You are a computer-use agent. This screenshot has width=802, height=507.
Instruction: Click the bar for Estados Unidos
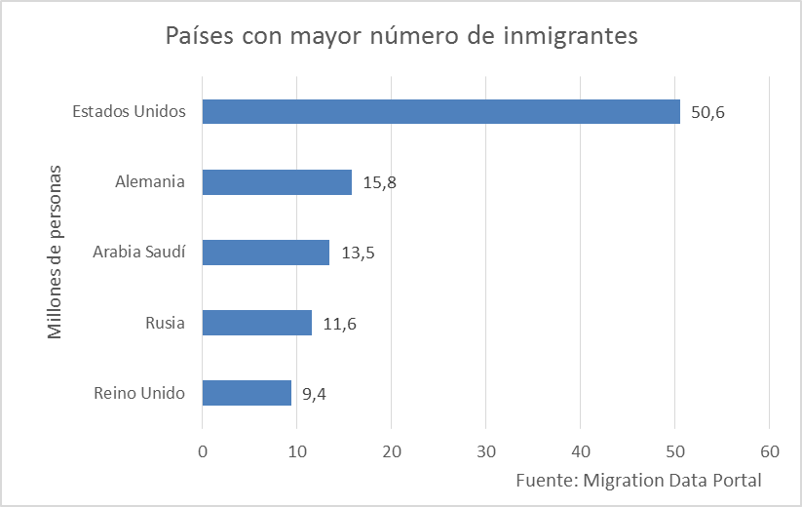coord(440,112)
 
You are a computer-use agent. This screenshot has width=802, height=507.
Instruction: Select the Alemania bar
coord(277,182)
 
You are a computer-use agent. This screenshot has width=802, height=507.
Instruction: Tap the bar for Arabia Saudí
coord(265,253)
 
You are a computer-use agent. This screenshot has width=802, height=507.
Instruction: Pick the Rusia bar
coord(256,323)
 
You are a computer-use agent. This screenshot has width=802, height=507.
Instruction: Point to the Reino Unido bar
coord(247,393)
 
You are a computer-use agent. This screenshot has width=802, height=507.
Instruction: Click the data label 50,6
coord(708,113)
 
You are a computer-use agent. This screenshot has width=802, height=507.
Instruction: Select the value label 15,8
coord(380,183)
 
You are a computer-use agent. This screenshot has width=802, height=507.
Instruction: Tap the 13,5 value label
coord(358,253)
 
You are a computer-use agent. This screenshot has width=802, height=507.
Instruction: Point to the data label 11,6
coord(339,324)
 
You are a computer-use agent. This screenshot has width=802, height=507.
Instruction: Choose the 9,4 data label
coord(313,394)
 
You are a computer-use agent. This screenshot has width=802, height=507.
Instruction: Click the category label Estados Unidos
coord(129,111)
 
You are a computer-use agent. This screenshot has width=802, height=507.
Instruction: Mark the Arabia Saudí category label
coord(139,253)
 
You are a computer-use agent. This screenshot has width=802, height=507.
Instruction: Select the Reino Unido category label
coord(139,394)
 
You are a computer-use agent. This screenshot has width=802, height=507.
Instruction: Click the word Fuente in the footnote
coord(544,480)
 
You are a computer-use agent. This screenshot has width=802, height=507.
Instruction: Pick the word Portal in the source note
coord(736,480)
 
